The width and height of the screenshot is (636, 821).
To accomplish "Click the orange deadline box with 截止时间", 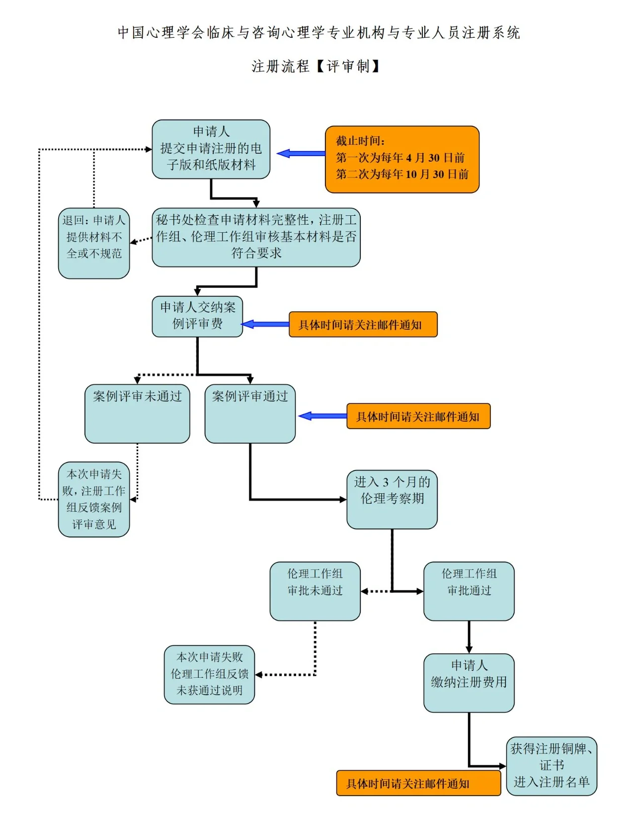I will click(x=402, y=159).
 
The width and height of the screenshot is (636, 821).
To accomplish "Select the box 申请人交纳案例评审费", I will click(x=197, y=317).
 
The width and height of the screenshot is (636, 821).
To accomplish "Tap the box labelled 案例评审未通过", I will click(x=137, y=413).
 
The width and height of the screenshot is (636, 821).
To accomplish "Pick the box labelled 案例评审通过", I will click(x=250, y=413).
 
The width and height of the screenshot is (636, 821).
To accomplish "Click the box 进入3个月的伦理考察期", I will click(x=392, y=499).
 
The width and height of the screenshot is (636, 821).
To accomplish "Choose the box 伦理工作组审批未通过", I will click(x=315, y=591).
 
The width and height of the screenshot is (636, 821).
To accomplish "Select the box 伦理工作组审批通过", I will click(x=469, y=591).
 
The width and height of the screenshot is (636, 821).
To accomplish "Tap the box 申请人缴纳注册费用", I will click(x=469, y=682).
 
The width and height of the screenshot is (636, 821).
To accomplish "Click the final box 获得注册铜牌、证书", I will click(x=552, y=766).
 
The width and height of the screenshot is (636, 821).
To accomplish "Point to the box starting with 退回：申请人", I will click(x=94, y=243).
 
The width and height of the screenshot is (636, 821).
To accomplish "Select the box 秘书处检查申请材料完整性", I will click(x=256, y=237).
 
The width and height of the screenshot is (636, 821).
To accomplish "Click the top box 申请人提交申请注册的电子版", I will click(x=211, y=149).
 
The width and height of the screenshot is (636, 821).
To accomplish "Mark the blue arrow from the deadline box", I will click(x=301, y=154).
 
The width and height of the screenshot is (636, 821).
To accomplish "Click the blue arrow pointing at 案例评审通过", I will click(x=322, y=416).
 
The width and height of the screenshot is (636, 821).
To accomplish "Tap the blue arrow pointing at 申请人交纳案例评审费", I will click(x=265, y=324).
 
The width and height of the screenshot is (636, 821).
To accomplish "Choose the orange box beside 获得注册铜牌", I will click(x=418, y=783).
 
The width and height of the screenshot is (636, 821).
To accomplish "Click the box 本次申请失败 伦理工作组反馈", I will click(x=209, y=674).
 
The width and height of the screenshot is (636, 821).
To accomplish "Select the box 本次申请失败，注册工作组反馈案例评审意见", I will click(x=94, y=499).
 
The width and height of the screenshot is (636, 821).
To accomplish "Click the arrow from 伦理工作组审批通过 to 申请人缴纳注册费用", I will click(x=469, y=637).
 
